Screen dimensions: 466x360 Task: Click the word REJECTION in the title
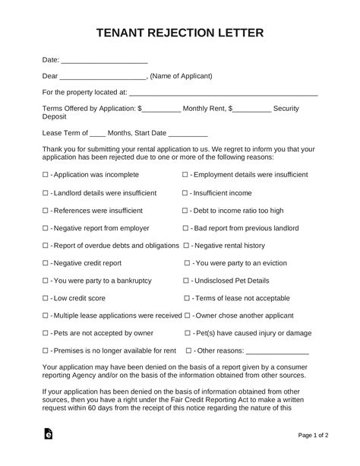179,33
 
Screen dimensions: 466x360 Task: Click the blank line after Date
103,60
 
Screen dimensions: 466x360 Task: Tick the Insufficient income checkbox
185,193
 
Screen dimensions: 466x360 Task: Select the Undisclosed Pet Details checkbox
188,281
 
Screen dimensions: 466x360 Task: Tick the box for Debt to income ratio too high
185,211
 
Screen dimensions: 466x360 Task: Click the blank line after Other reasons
277,352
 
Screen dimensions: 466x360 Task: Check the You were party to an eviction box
188,263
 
